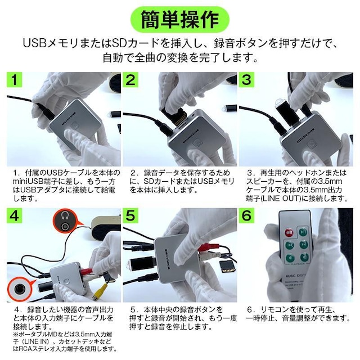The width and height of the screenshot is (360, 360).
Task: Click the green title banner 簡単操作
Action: [x=180, y=20]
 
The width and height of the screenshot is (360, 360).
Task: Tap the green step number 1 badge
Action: [x=14, y=80]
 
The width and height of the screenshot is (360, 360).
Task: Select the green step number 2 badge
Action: [x=130, y=80]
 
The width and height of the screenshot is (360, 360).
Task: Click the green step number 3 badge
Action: [x=246, y=80]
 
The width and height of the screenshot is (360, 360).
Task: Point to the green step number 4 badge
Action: [x=14, y=215]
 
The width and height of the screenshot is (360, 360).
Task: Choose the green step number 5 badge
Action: [x=130, y=215]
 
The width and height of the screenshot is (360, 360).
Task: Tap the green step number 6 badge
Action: [x=246, y=215]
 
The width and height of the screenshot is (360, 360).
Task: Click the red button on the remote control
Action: [x=289, y=232]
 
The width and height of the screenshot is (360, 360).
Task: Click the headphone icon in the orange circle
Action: [x=65, y=215]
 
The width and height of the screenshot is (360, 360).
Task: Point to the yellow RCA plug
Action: [x=100, y=292]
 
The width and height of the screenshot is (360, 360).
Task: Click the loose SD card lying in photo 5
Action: [x=227, y=267]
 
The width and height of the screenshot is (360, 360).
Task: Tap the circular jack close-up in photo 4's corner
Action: [x=19, y=289]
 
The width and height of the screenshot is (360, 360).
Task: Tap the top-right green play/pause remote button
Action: [x=303, y=232]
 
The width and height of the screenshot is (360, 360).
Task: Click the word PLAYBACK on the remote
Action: [x=298, y=264]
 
